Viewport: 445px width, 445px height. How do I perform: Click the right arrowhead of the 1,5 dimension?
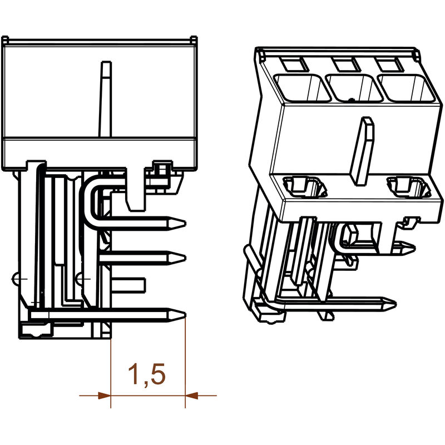click(192, 395)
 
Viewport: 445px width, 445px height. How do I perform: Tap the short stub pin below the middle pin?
click(133, 284)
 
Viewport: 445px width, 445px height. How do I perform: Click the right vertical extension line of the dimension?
click(185, 362)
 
